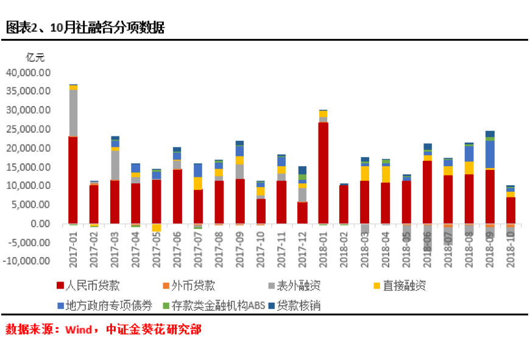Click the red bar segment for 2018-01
tap(323, 173)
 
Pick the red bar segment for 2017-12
tap(302, 213)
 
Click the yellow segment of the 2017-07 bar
tap(198, 183)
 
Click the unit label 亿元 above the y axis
tap(35, 57)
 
